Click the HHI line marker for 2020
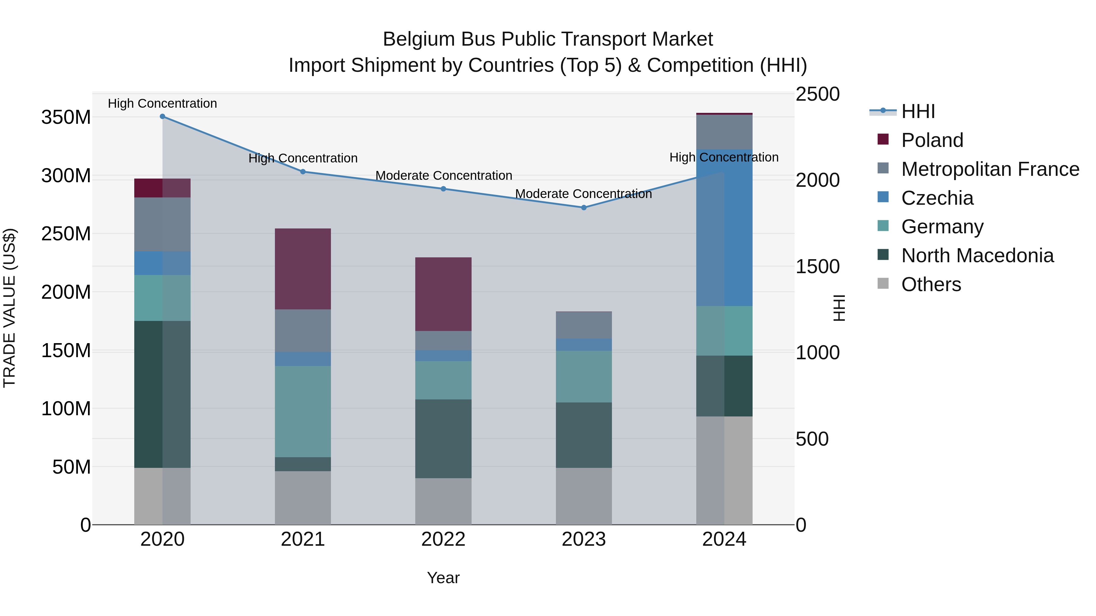pyautogui.click(x=163, y=117)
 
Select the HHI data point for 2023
pyautogui.click(x=584, y=208)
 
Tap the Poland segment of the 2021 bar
pyautogui.click(x=303, y=269)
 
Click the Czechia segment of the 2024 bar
pyautogui.click(x=724, y=228)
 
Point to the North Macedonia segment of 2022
pyautogui.click(x=443, y=438)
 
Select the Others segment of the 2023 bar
pyautogui.click(x=583, y=496)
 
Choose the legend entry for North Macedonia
pyautogui.click(x=977, y=256)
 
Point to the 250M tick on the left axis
pyautogui.click(x=66, y=234)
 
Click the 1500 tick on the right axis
pyautogui.click(x=817, y=266)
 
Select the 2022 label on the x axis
pyautogui.click(x=443, y=539)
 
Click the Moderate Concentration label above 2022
pyautogui.click(x=443, y=176)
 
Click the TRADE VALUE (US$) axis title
pyautogui.click(x=9, y=308)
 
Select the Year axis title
pyautogui.click(x=443, y=578)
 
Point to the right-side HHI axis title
pyautogui.click(x=839, y=308)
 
